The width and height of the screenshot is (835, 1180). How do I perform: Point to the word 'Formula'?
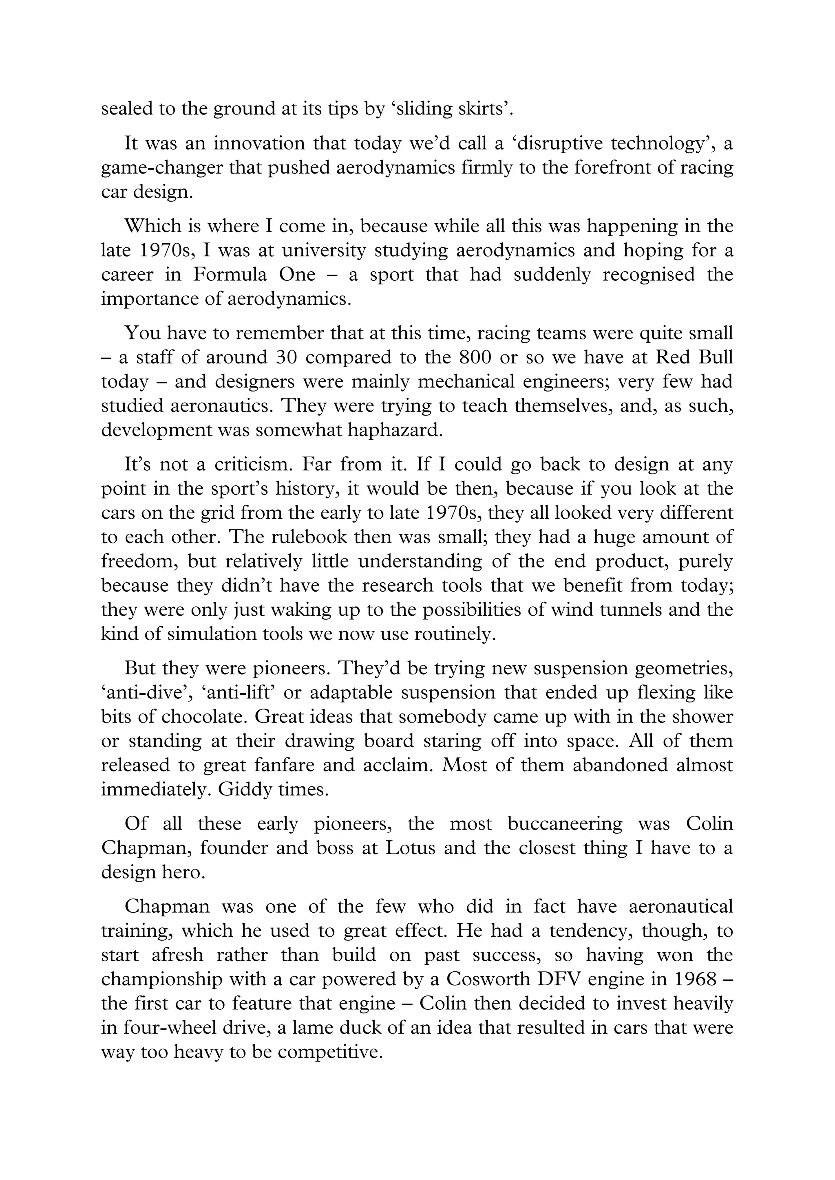pyautogui.click(x=230, y=275)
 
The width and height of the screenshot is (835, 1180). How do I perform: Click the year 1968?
pyautogui.click(x=695, y=980)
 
